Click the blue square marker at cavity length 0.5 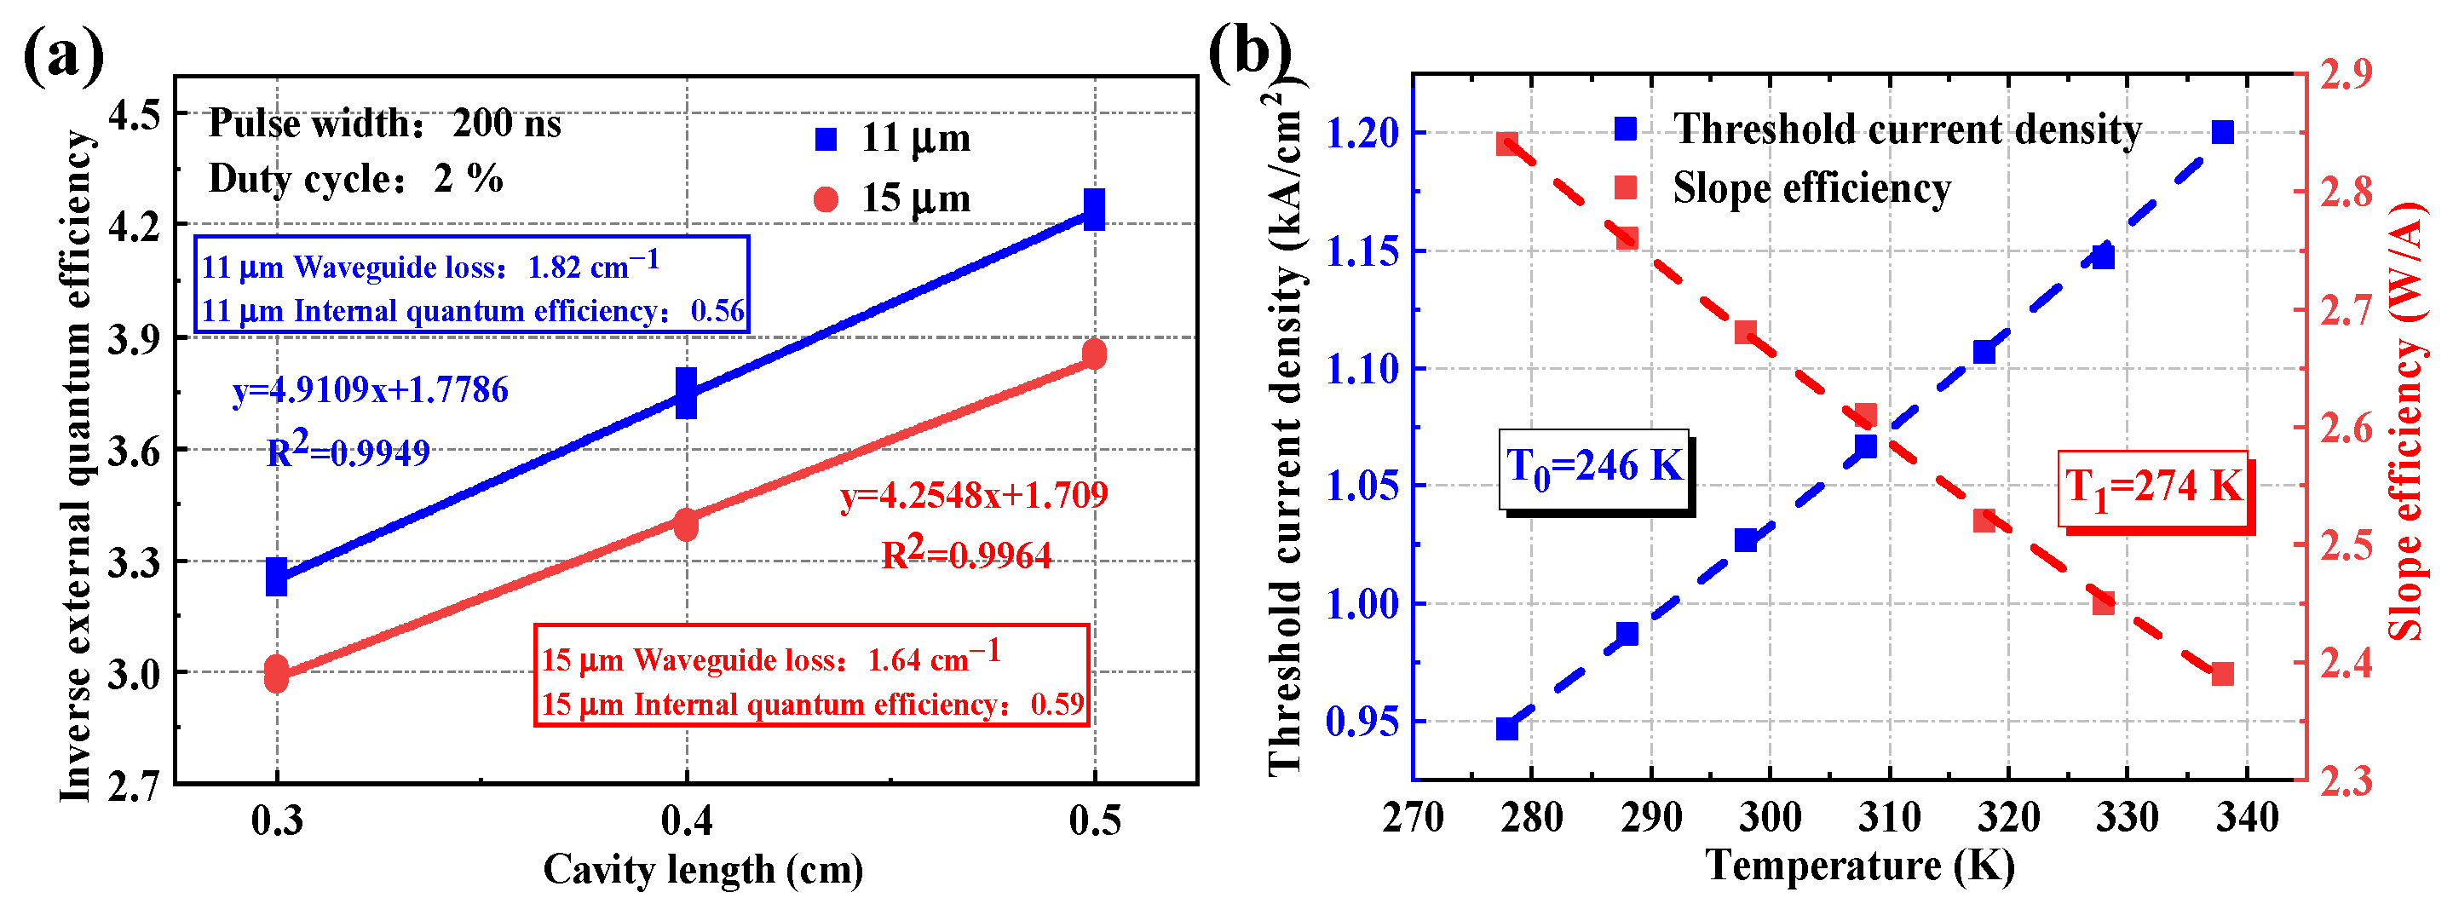coord(1094,210)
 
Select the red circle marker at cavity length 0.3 coord(276,673)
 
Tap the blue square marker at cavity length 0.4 coord(686,393)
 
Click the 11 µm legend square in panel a coord(826,139)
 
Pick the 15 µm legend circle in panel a coord(826,199)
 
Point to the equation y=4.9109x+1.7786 coord(371,389)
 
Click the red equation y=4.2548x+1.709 coord(973,495)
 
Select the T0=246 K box coord(1594,468)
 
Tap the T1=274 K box coord(2153,487)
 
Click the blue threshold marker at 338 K coord(2223,132)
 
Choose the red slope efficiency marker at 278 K coord(1506,144)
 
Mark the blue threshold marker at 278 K coord(1506,728)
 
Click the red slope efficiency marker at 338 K coord(2223,674)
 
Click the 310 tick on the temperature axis coord(1889,817)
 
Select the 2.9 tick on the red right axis coord(2346,74)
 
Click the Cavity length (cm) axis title coord(703,870)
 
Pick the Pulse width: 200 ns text coord(385,124)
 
